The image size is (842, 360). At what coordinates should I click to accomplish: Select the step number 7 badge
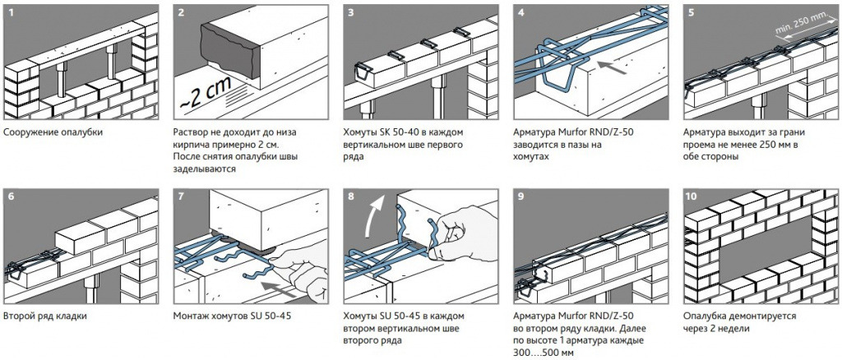[x=181, y=196]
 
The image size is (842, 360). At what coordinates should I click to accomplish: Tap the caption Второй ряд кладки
[x=45, y=316]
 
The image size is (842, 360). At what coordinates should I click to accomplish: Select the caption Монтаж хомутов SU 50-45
[x=232, y=316]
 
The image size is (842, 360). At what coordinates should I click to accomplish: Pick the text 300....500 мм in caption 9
[x=544, y=353]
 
